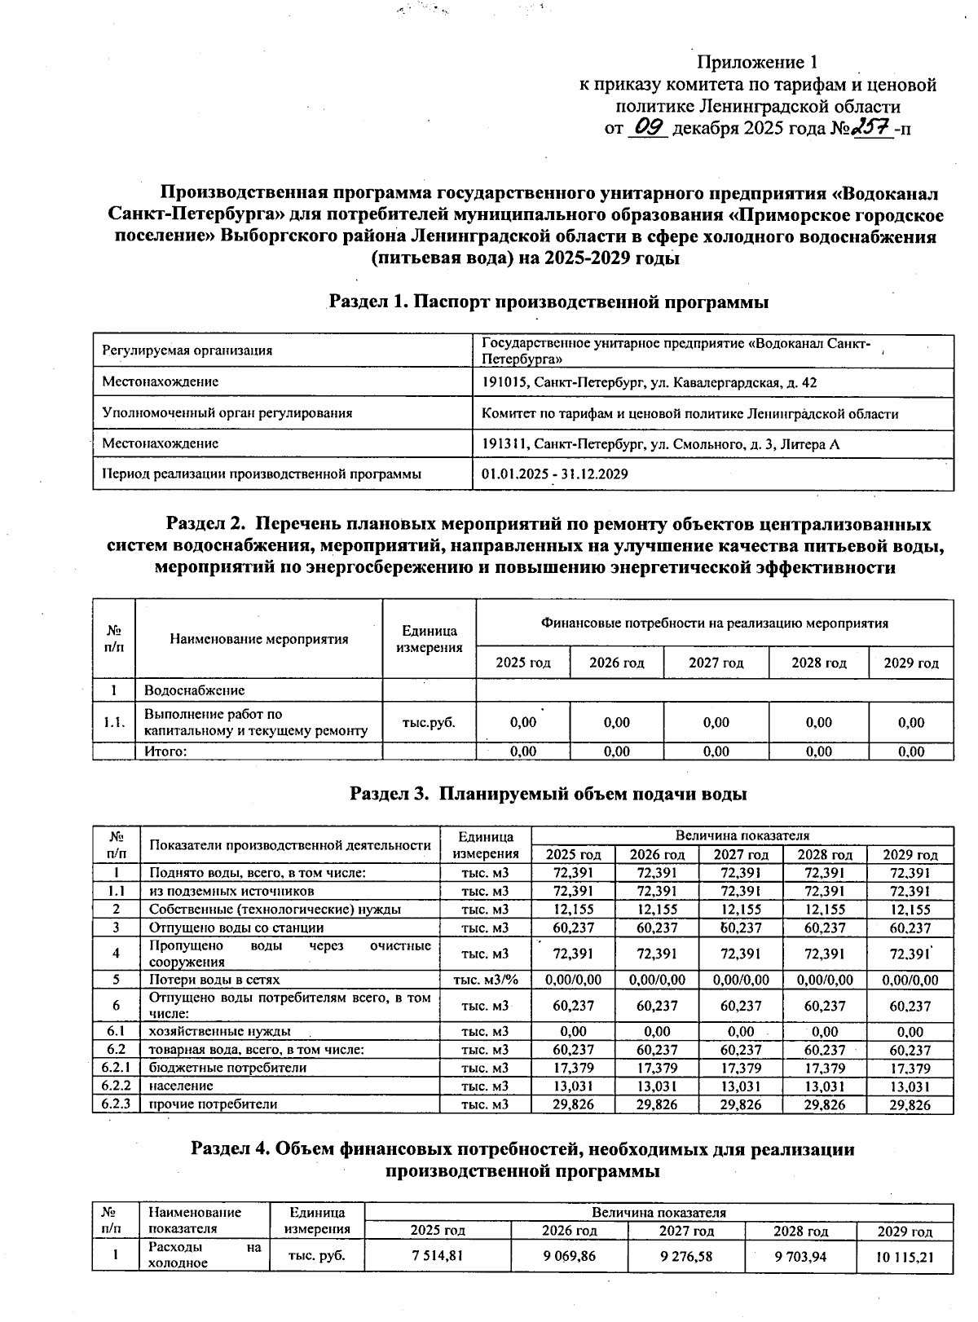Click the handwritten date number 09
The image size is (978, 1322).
tap(650, 128)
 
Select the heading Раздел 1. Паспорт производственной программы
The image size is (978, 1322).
tap(548, 302)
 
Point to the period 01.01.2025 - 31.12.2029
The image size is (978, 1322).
tap(554, 474)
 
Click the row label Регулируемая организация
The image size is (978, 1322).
tap(187, 351)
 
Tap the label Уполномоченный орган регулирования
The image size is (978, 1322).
tap(227, 413)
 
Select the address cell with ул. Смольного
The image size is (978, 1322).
tap(660, 444)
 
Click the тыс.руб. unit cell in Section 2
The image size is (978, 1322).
tap(429, 722)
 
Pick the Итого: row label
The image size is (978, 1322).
tap(165, 751)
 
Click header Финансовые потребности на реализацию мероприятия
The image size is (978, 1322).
tap(714, 624)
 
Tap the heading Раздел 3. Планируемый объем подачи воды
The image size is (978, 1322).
tap(548, 793)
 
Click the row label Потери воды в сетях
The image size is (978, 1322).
tap(214, 980)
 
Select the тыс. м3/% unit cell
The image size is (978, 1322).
tap(485, 980)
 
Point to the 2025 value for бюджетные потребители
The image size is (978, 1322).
tap(573, 1068)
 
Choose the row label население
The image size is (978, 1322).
tap(170, 1086)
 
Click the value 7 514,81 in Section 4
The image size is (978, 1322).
tap(438, 1256)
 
